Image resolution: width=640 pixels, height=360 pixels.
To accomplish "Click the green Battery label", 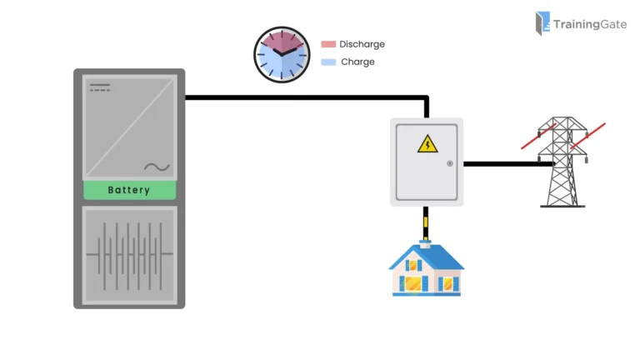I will (129, 190).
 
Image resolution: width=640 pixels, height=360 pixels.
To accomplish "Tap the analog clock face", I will (281, 55).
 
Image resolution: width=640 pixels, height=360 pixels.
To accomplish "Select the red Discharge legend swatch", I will (328, 44).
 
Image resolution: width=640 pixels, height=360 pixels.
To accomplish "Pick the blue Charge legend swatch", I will (328, 62).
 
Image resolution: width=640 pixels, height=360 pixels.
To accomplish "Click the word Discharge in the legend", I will (362, 44).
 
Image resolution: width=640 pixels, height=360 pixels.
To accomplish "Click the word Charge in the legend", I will (357, 62).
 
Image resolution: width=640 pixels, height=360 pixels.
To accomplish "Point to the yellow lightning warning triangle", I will (427, 144).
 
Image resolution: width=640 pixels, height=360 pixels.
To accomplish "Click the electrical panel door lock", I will (449, 163).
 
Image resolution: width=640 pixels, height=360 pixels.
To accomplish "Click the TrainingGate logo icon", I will (542, 23).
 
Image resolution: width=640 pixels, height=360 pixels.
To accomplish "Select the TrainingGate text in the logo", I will (590, 25).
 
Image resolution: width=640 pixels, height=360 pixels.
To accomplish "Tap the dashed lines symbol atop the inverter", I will (100, 87).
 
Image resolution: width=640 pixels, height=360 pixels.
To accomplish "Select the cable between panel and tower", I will (504, 164).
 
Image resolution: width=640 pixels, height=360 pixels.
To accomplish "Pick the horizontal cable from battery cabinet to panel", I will (300, 97).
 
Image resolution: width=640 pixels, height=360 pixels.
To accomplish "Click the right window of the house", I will (448, 283).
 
